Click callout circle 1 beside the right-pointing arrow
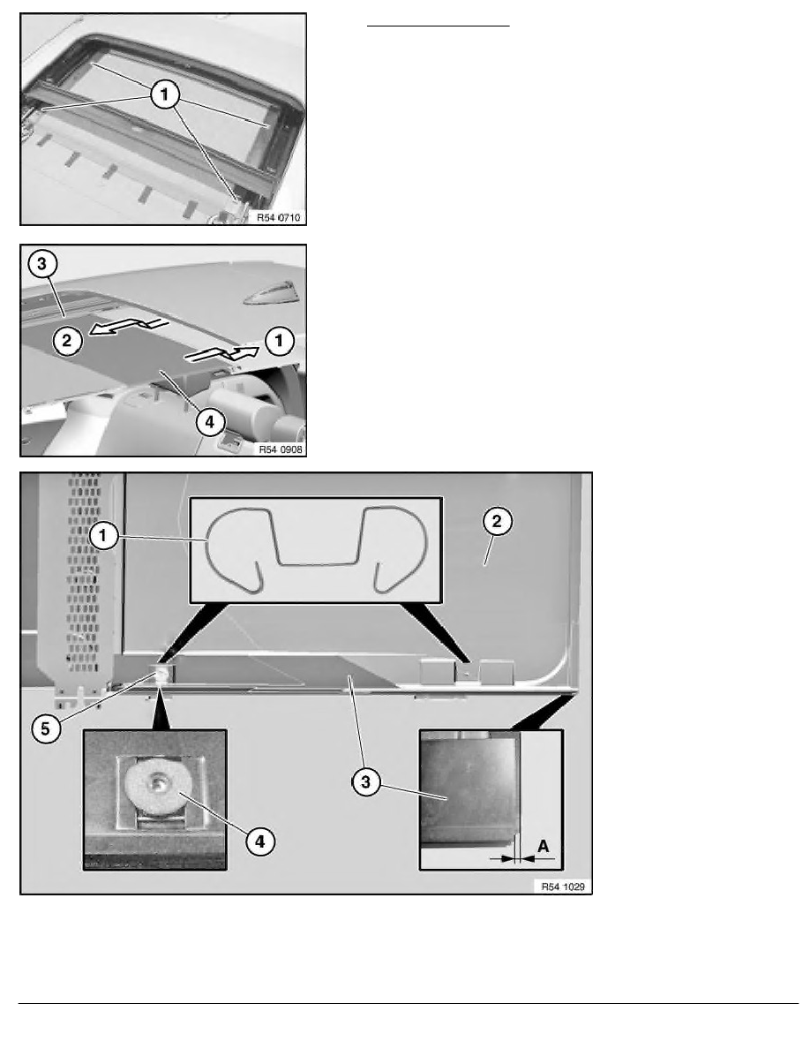click(x=280, y=336)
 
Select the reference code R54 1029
click(x=560, y=886)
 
